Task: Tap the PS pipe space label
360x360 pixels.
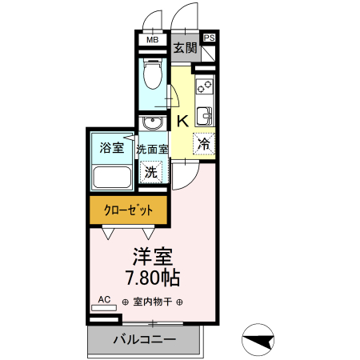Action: (x=210, y=38)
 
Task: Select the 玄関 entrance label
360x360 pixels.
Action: (x=186, y=49)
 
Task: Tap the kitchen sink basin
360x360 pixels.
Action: (x=205, y=115)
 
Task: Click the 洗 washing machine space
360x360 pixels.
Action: (x=150, y=170)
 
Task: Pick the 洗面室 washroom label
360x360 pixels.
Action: (x=152, y=149)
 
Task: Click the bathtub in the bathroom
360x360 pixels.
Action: (x=112, y=177)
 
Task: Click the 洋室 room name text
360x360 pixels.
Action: (x=152, y=258)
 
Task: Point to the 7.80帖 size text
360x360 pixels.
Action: (x=152, y=278)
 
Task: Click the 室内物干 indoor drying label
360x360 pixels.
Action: (x=152, y=302)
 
